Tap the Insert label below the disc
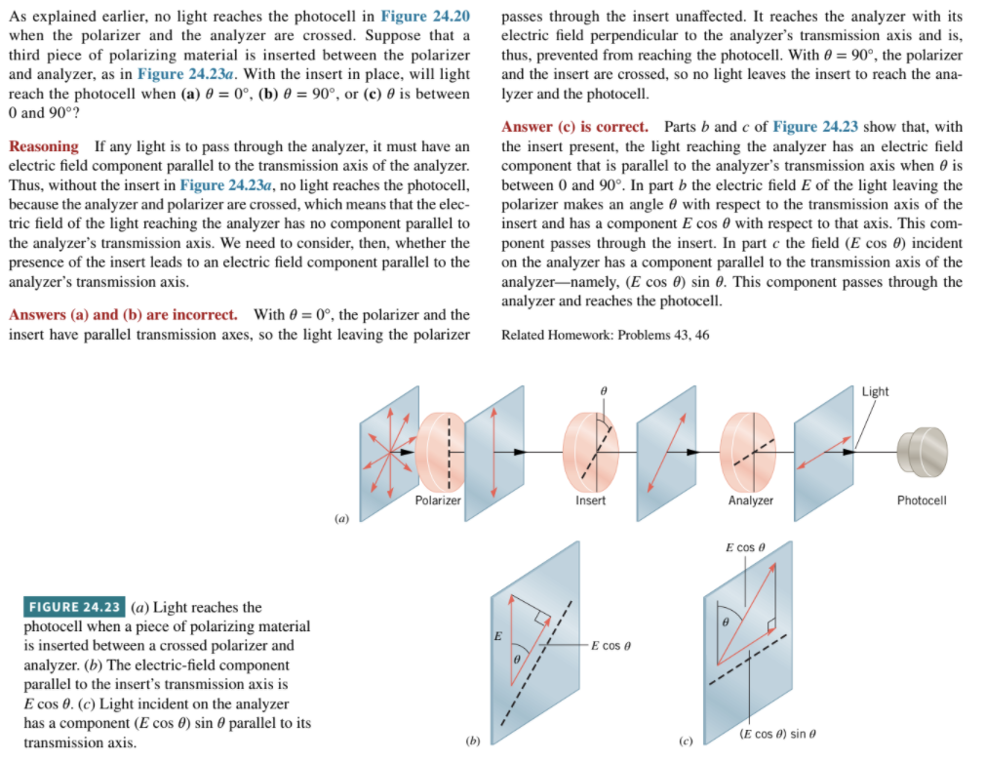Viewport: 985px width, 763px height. pyautogui.click(x=590, y=501)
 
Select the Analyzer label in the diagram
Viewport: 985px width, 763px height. pyautogui.click(x=751, y=501)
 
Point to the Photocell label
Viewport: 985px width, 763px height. pyautogui.click(x=921, y=501)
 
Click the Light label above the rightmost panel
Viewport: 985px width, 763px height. pyautogui.click(x=875, y=391)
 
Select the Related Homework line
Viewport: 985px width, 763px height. pyautogui.click(x=605, y=335)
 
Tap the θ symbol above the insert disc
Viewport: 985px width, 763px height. pyautogui.click(x=605, y=389)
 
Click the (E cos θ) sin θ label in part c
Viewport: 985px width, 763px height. pyautogui.click(x=777, y=734)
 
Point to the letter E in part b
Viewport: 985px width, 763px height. pyautogui.click(x=497, y=636)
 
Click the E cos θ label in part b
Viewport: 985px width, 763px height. pyautogui.click(x=611, y=646)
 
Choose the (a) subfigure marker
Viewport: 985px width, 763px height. pyautogui.click(x=341, y=519)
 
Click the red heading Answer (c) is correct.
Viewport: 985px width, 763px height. pyautogui.click(x=574, y=128)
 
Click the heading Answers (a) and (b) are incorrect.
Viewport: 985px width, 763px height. pyautogui.click(x=123, y=315)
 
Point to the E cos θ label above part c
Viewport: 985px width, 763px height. pyautogui.click(x=746, y=547)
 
